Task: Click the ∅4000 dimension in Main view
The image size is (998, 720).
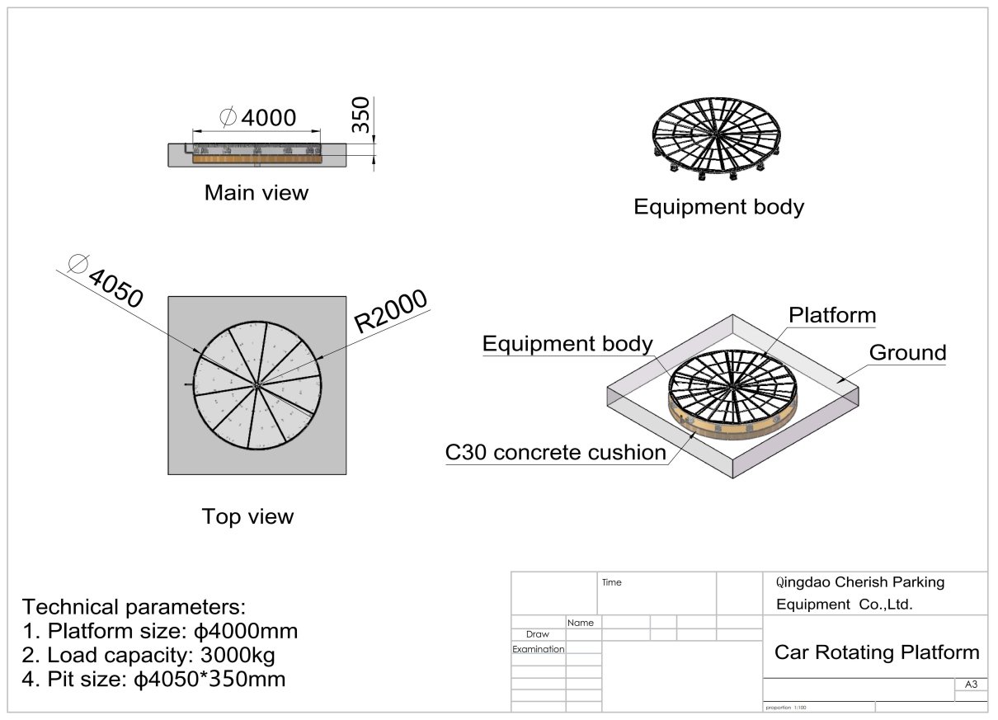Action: (258, 118)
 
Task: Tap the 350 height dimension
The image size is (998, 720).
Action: (361, 115)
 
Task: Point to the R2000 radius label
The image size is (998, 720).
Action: (391, 311)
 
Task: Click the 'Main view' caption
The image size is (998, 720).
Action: (256, 193)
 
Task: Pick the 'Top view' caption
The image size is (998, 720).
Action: (247, 516)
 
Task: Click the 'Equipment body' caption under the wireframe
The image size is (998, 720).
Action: (718, 206)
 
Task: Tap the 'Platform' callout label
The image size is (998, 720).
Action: (831, 315)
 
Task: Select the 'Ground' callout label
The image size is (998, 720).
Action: (907, 353)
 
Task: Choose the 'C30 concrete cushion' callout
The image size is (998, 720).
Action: (555, 452)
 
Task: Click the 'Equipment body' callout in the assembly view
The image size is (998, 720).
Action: (567, 344)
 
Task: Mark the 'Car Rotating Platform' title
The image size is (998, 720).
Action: (877, 652)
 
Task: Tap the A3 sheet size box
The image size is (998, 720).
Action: (970, 685)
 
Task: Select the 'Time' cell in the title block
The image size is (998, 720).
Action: (612, 582)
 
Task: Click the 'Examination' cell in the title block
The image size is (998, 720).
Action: (538, 649)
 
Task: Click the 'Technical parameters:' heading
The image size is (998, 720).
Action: (134, 607)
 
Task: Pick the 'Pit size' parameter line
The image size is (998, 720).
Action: (154, 680)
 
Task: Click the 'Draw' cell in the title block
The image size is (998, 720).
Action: (537, 634)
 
